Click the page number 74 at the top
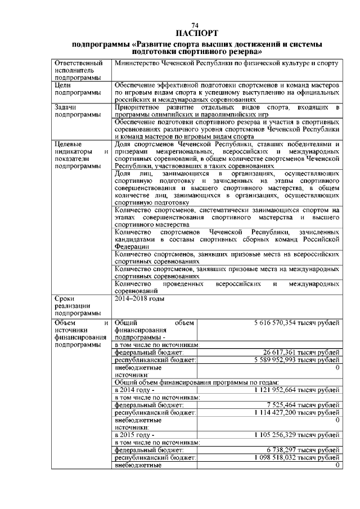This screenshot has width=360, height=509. click(196, 26)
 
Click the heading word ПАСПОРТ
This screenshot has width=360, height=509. click(196, 33)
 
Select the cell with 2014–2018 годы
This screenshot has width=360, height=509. click(139, 299)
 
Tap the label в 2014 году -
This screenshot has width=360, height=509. click(134, 390)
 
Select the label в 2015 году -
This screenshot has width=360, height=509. click(134, 435)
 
